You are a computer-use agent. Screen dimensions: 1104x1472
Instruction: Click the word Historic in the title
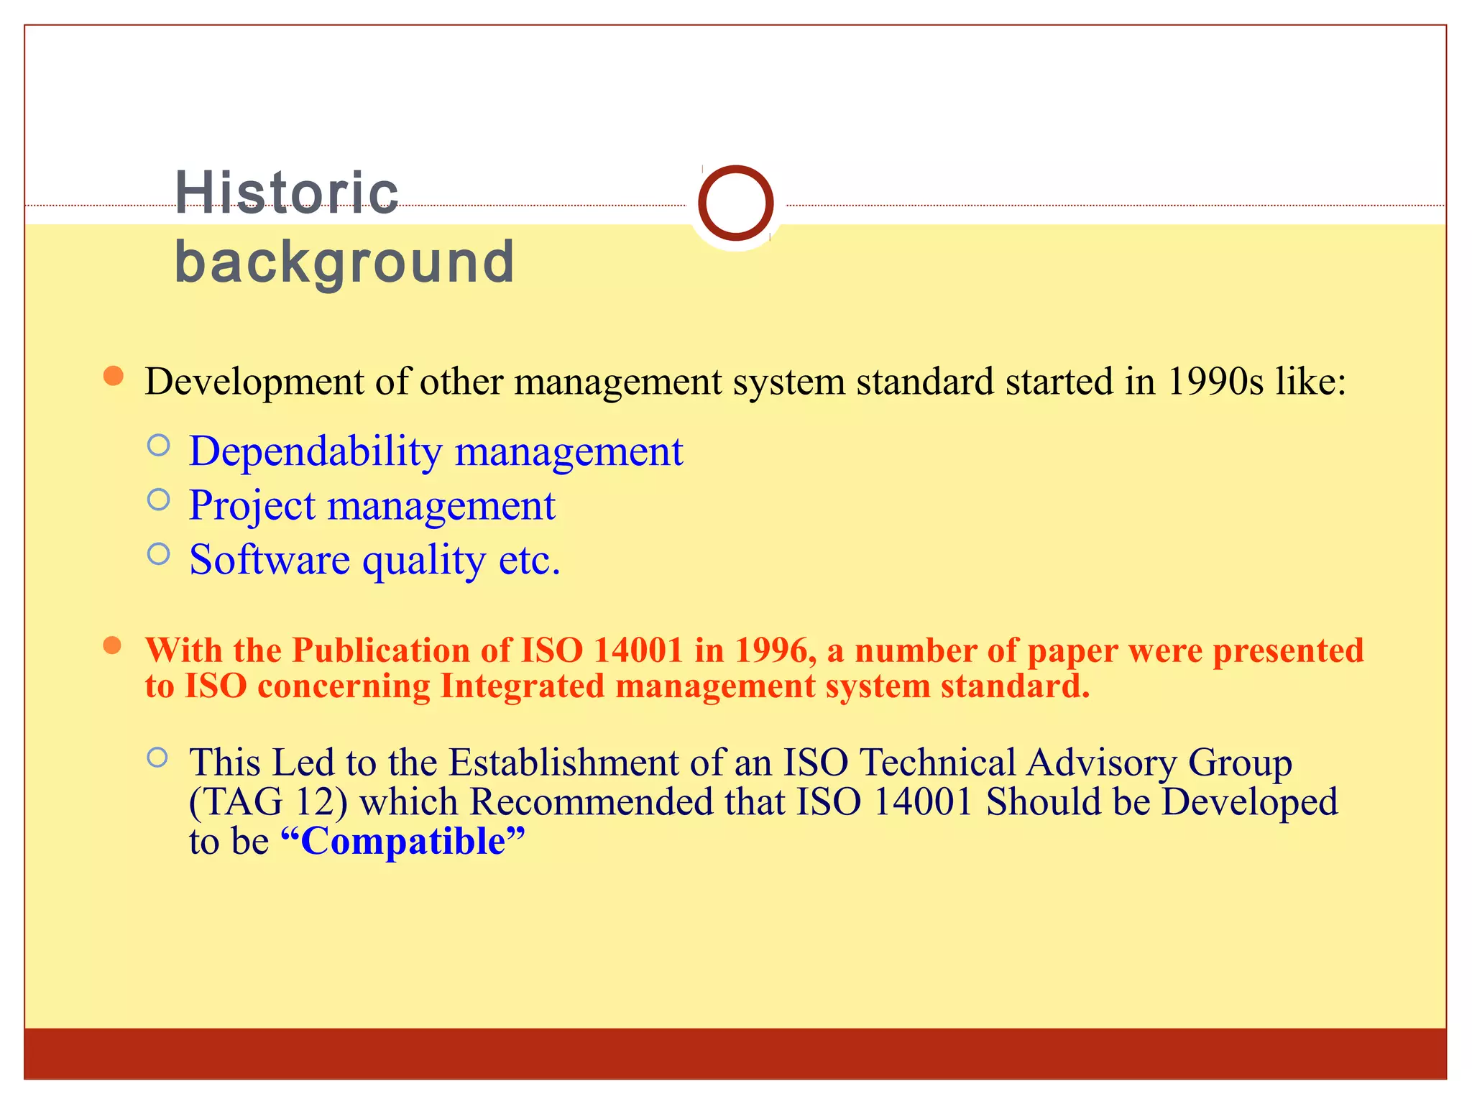tap(286, 193)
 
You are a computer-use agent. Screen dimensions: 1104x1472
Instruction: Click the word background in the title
tap(344, 262)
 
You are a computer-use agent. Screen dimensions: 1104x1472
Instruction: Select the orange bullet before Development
tap(113, 376)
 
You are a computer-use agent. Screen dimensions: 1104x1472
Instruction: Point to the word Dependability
tap(316, 451)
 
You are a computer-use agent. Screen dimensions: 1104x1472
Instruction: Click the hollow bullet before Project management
tap(158, 500)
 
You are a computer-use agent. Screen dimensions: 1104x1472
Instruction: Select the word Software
tap(270, 560)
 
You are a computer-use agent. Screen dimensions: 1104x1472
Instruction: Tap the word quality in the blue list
tap(424, 560)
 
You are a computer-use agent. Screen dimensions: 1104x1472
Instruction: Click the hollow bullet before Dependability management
tap(158, 446)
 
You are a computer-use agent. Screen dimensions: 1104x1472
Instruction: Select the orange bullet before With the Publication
tap(112, 645)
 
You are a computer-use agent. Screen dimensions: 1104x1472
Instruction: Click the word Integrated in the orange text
tap(522, 686)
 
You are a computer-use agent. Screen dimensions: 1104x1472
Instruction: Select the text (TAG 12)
tap(268, 802)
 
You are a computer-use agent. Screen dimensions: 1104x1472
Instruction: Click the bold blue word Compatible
tap(402, 842)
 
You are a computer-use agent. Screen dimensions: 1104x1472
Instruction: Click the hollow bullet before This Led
tap(157, 758)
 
